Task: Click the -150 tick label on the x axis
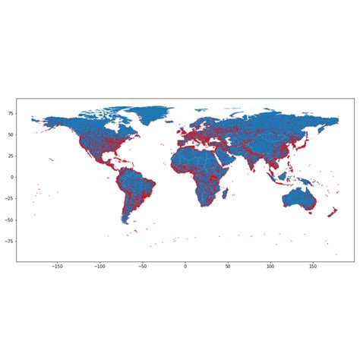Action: coord(57,267)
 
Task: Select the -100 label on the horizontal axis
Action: coord(99,267)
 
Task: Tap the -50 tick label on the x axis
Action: coord(142,267)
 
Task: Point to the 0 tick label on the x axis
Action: coord(185,267)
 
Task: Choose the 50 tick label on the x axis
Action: coord(228,267)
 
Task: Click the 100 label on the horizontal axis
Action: coord(270,267)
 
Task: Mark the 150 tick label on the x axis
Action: coord(313,267)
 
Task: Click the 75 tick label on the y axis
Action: coord(10,113)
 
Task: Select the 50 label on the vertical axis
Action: coord(10,134)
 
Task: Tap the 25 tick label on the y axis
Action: coord(10,156)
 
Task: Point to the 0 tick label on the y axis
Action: coord(11,177)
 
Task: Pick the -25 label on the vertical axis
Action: coord(8,198)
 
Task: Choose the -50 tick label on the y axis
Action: coord(8,219)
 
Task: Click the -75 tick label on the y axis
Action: coord(8,241)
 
